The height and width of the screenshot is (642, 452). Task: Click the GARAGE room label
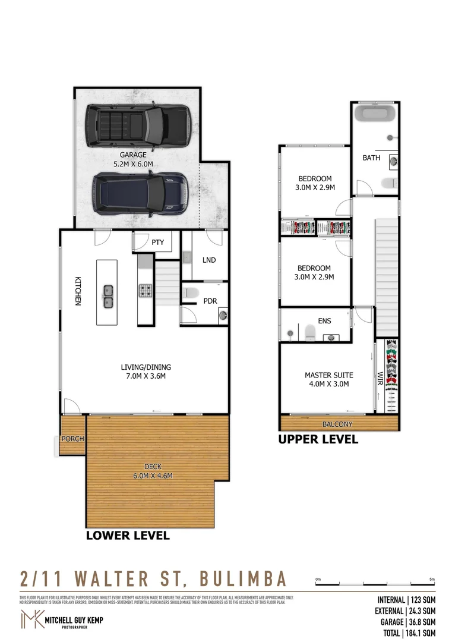tap(133, 159)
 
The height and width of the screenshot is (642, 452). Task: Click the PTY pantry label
tap(157, 243)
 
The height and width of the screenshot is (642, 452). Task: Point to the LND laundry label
tap(208, 260)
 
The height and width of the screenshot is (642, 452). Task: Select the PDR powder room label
tap(210, 301)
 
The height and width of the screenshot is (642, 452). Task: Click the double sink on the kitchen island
tap(108, 296)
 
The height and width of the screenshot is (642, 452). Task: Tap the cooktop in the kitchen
tap(146, 291)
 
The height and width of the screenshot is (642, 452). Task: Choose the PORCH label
tap(73, 439)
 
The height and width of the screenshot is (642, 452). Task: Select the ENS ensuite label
tap(324, 321)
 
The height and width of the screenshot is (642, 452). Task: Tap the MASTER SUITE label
tap(328, 379)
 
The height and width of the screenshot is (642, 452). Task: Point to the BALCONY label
tap(337, 424)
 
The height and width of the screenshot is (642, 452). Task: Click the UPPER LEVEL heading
tap(318, 440)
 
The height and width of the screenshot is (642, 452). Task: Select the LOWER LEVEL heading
tap(128, 535)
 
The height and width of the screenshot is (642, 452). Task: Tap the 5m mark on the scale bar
tap(432, 579)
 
